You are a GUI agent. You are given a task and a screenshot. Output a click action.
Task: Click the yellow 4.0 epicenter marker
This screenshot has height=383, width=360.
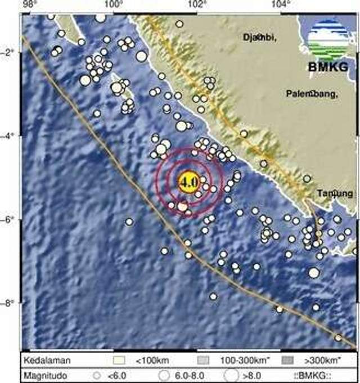coord(188,182)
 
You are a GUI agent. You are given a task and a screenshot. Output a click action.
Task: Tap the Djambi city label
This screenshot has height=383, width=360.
coord(259,38)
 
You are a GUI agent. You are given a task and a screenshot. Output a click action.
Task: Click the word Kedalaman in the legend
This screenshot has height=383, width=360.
coord(43,360)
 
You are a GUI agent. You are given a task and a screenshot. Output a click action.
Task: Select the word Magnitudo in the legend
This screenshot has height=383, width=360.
coord(43,373)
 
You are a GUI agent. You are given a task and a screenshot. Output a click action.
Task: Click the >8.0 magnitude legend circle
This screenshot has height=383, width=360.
coord(231,373)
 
